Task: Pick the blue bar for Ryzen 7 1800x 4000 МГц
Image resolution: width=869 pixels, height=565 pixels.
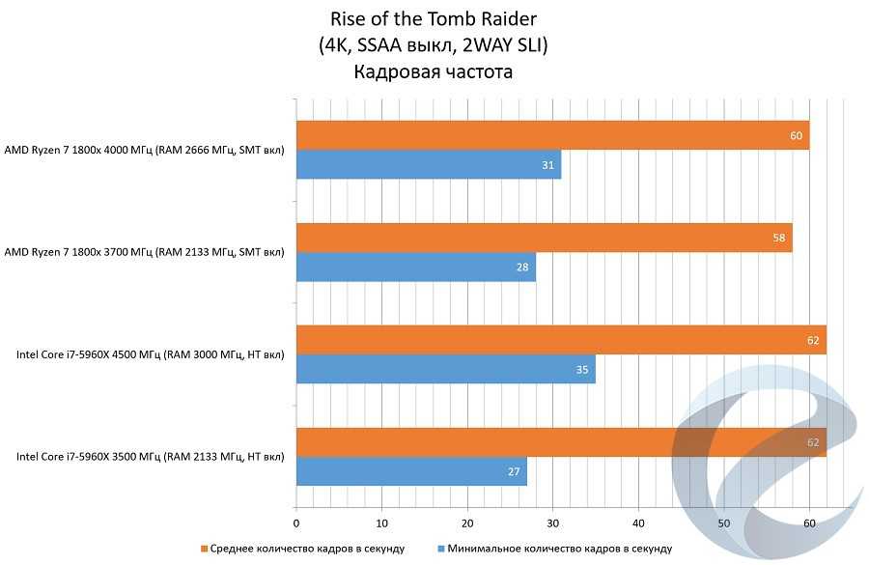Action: (x=428, y=165)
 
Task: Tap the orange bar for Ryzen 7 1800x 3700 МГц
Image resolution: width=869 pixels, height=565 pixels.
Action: (x=544, y=238)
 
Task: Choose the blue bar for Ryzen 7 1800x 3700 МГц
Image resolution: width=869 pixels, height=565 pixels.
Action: (x=415, y=268)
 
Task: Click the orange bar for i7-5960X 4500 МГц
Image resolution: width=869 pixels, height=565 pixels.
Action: (x=561, y=340)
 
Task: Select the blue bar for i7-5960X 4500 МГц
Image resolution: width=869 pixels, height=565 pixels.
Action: (x=445, y=370)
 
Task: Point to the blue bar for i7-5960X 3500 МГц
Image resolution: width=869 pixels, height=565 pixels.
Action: (x=411, y=472)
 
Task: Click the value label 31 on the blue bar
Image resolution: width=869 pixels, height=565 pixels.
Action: (x=547, y=166)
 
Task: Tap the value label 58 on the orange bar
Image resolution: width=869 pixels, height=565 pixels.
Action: (x=779, y=238)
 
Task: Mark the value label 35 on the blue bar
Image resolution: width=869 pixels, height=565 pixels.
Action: (x=582, y=370)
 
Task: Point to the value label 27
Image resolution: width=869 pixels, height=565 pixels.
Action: (x=514, y=472)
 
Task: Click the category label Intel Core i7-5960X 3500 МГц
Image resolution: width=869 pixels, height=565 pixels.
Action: (x=151, y=457)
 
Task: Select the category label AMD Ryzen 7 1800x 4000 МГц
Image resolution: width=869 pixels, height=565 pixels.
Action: (x=145, y=151)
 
